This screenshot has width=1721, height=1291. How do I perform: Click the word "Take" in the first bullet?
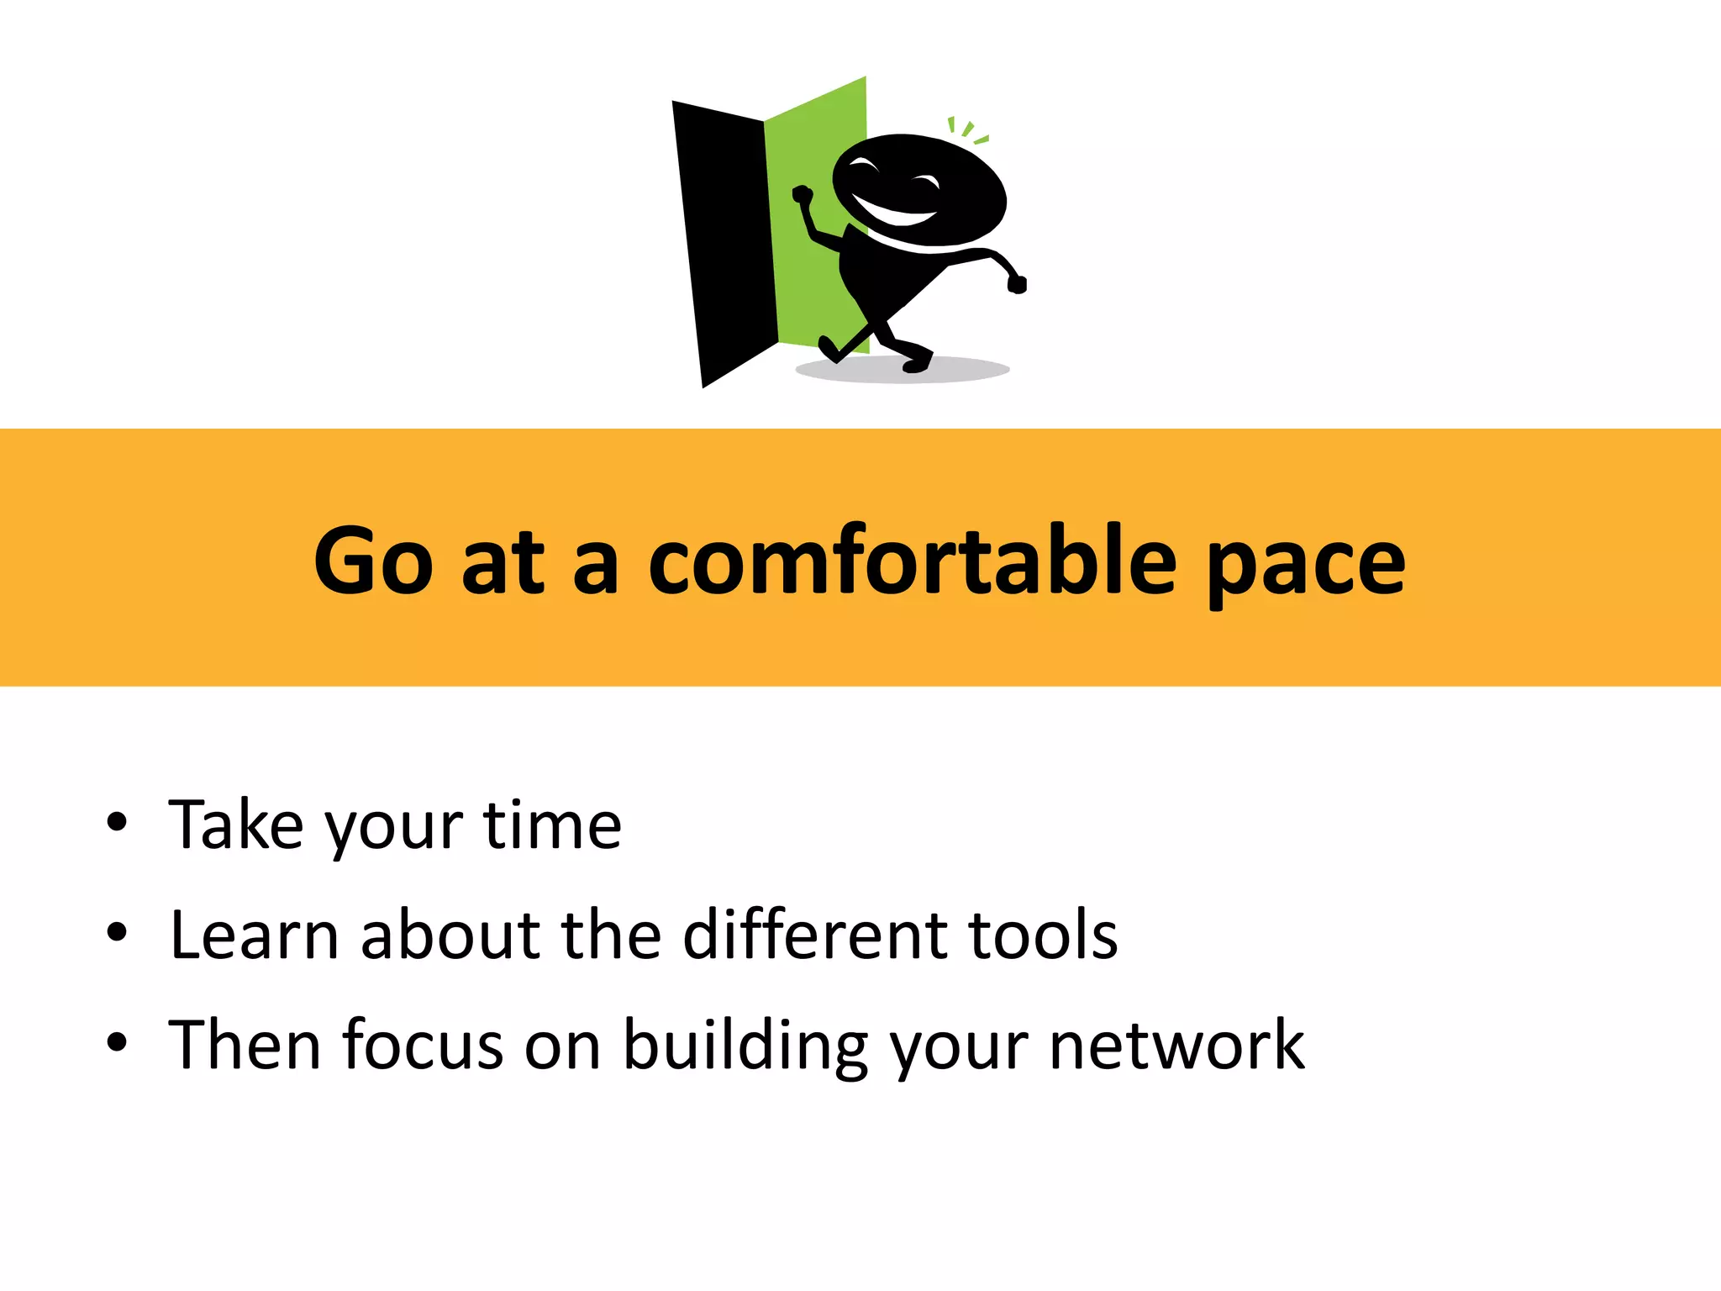pos(235,825)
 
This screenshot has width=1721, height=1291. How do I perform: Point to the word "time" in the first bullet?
pos(552,825)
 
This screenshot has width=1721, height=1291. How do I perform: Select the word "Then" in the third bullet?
pos(245,1045)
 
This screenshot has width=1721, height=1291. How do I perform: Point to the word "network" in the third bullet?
pos(1176,1045)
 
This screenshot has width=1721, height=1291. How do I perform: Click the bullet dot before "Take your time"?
pos(117,823)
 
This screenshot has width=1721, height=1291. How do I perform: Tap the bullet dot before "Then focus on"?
pos(117,1043)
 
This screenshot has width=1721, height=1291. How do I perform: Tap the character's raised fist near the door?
pos(803,196)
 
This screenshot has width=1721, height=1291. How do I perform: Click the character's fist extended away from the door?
pos(1017,284)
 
